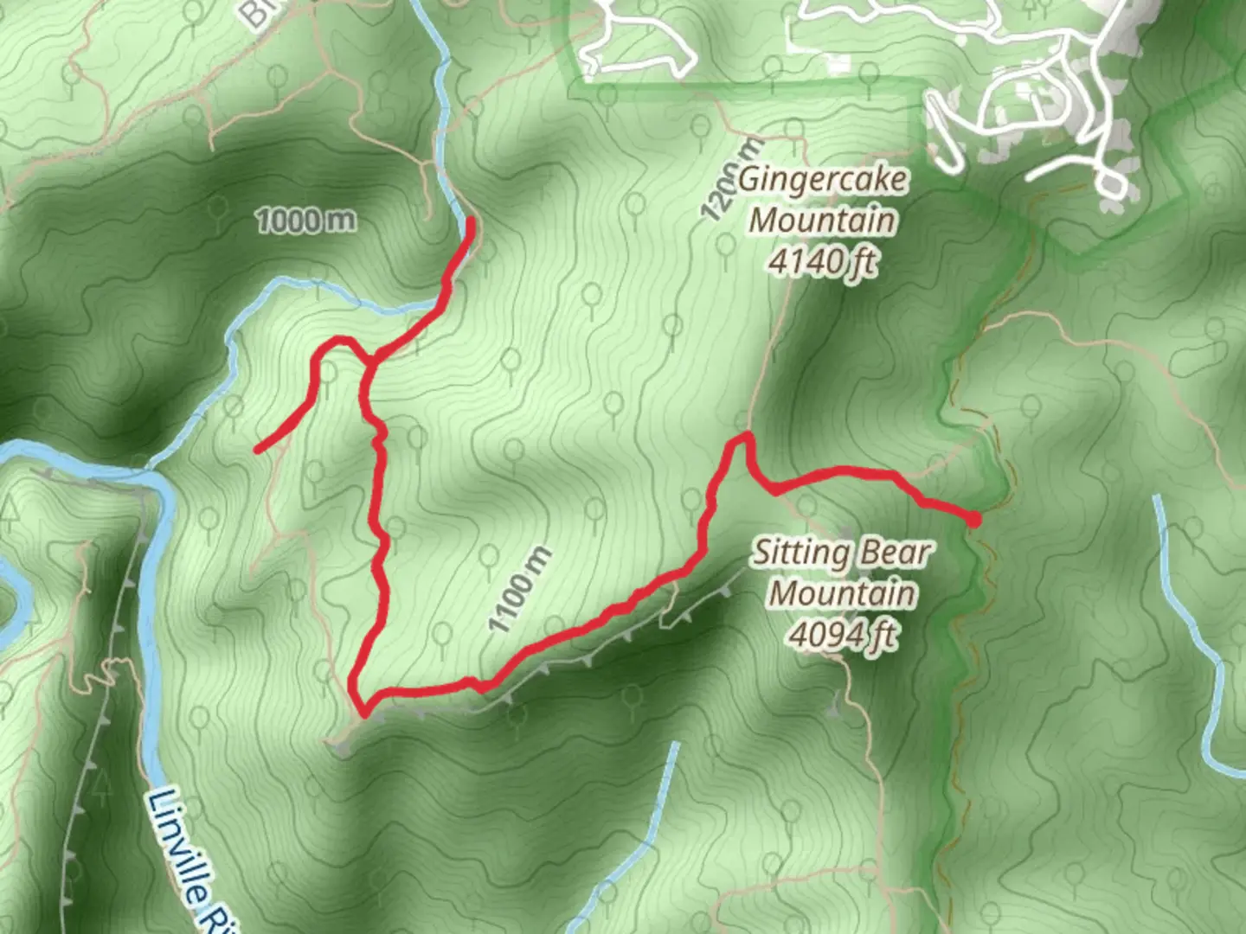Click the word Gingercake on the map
[x=823, y=180]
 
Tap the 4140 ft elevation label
[x=821, y=260]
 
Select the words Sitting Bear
[x=840, y=553]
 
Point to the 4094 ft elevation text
[x=841, y=636]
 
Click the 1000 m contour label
[x=305, y=221]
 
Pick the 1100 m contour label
[x=518, y=590]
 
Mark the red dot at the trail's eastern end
[x=973, y=520]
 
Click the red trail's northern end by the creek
[x=471, y=221]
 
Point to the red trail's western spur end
[x=258, y=449]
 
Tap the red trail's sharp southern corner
[x=364, y=714]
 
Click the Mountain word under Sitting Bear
[x=842, y=594]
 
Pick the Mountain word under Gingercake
[x=821, y=220]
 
